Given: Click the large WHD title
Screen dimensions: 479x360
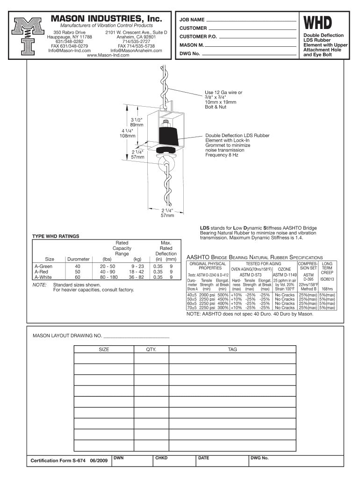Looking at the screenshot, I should (319, 23).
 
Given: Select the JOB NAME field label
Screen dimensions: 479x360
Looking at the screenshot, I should (192, 20).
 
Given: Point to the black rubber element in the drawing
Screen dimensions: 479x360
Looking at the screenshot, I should (167, 136).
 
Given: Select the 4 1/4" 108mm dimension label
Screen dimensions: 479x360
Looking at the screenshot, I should (128, 133).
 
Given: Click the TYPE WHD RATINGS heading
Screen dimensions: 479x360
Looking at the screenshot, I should (55, 236).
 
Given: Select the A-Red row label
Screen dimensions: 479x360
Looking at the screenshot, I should (43, 271).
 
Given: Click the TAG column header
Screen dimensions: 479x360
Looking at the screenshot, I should (232, 349).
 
